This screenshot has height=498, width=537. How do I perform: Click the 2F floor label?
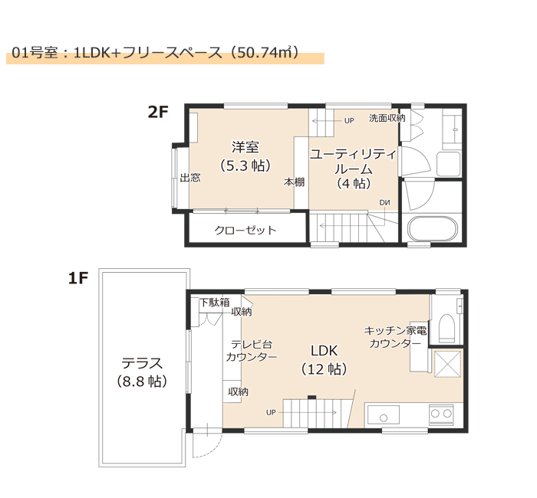[158, 112]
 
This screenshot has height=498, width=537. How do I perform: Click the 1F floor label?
[78, 278]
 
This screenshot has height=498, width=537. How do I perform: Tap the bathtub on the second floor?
[433, 228]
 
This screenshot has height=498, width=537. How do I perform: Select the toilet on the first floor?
[446, 328]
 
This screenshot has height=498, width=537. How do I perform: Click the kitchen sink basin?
[384, 414]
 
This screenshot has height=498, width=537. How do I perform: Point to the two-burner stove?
[441, 414]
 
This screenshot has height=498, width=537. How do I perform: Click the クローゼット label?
[245, 230]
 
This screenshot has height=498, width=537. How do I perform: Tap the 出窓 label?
[190, 178]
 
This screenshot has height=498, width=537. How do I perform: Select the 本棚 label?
[294, 182]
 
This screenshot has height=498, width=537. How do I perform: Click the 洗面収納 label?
[387, 118]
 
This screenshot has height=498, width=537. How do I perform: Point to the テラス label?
[142, 363]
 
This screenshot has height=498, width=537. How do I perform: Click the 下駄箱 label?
[215, 303]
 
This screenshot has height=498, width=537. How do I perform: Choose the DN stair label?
[384, 203]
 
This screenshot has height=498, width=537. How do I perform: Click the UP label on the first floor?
[271, 412]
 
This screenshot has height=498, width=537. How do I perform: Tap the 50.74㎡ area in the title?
[264, 52]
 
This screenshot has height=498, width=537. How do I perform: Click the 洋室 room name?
[245, 147]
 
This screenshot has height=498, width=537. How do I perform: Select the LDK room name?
[324, 351]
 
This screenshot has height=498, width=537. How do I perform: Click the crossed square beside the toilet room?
[447, 364]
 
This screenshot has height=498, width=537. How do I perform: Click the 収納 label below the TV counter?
[239, 392]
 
